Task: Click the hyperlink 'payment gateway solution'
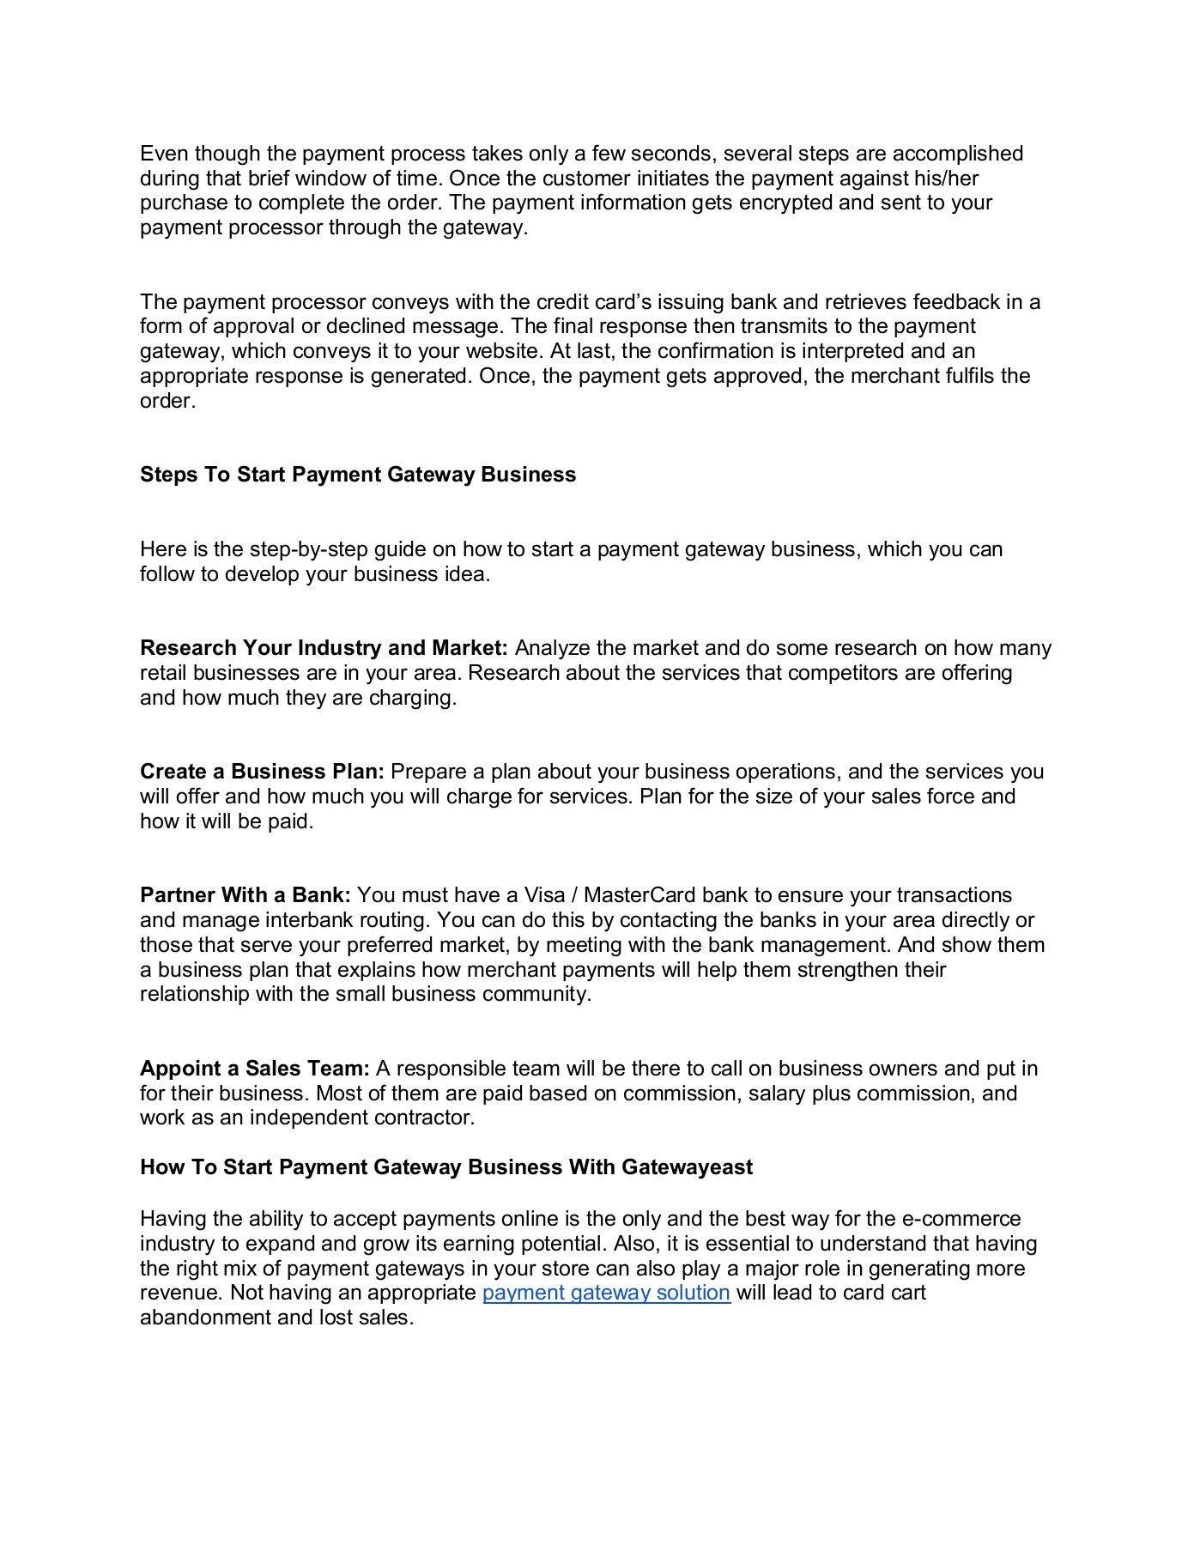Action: [606, 1293]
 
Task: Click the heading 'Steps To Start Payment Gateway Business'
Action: [357, 475]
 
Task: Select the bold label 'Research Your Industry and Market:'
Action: [324, 648]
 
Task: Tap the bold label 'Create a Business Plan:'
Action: [262, 772]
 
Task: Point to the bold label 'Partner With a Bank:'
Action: [245, 895]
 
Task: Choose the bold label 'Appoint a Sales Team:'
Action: [255, 1069]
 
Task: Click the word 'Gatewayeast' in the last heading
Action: [687, 1167]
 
